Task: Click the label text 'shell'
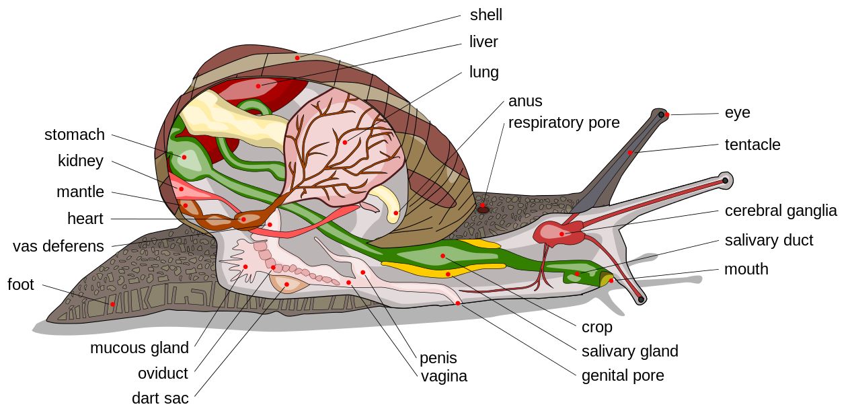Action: pos(486,15)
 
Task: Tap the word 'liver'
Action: pos(483,42)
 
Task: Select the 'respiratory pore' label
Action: pos(564,122)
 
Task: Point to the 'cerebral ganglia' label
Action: pos(781,211)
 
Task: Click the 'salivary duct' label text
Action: pos(769,240)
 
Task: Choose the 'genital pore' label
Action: pos(623,375)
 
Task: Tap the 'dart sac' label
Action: pos(160,398)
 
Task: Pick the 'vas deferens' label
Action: pos(59,246)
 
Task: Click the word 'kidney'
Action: pos(81,161)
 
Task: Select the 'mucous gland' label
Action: pos(140,348)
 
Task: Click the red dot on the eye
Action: pos(666,115)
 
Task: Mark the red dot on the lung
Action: pos(345,142)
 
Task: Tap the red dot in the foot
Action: pos(112,304)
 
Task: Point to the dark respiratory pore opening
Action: pos(483,209)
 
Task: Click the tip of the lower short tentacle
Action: pos(642,299)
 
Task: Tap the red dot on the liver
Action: pos(258,86)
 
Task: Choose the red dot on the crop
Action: pos(442,256)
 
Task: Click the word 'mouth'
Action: pos(746,269)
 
